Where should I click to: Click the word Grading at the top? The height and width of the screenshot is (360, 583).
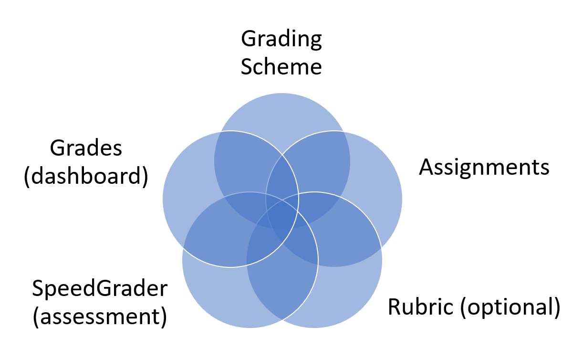point(281,40)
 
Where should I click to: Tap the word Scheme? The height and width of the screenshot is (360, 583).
point(281,66)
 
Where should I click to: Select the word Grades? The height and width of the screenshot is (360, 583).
point(86,149)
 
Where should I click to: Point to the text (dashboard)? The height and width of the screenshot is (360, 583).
point(86,177)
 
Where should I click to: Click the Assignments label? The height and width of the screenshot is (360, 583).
point(484,168)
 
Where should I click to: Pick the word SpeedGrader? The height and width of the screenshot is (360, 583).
point(100,289)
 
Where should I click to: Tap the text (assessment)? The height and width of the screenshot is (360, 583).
point(100,317)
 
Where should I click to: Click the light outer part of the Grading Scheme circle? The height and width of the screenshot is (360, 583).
point(282,112)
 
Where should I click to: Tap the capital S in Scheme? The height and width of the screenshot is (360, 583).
point(247,66)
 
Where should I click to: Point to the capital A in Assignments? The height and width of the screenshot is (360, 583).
point(427,168)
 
